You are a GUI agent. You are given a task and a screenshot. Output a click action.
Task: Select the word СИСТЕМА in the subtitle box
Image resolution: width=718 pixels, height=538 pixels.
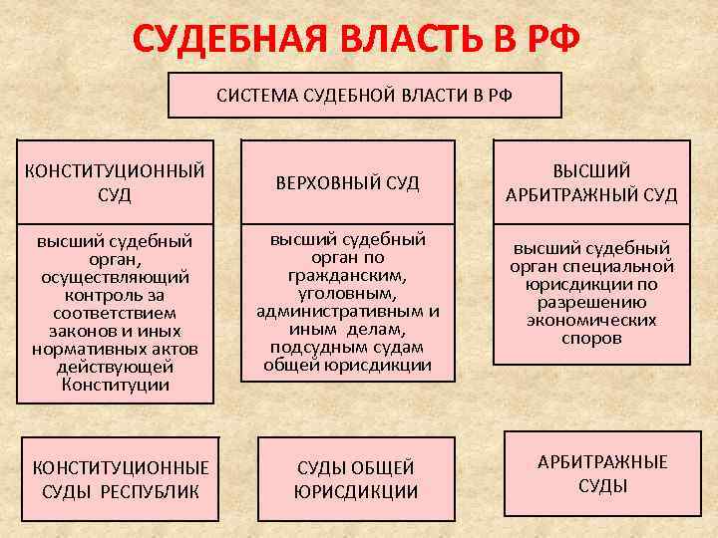[x=256, y=98]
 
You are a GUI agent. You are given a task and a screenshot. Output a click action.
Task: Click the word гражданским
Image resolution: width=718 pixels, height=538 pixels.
[x=347, y=274]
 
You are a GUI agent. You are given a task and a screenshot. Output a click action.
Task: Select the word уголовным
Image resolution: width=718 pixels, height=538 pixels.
[x=347, y=292]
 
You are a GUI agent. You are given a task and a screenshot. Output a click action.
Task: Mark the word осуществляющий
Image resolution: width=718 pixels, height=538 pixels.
[x=114, y=277]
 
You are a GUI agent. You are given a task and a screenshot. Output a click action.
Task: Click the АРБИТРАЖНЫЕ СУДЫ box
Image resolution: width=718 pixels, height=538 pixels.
[x=602, y=473]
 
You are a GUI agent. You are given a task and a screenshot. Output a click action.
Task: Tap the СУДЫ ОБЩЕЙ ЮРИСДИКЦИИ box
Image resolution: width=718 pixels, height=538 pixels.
[x=356, y=478]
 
